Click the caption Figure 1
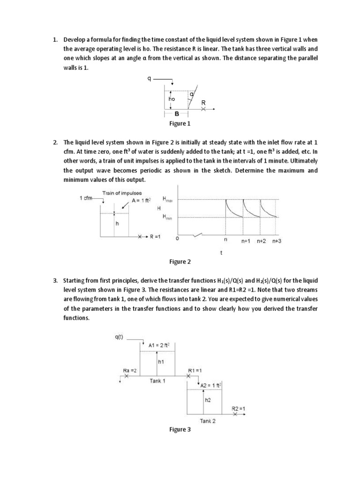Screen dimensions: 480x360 coord(180,124)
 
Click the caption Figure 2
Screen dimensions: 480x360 coord(180,262)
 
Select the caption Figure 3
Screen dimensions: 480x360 coord(180,430)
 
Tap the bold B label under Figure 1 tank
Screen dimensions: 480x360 coord(177,114)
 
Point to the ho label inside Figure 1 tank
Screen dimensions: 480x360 coord(172,99)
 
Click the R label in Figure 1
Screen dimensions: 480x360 coord(203,102)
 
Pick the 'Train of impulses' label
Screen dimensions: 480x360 coord(122,193)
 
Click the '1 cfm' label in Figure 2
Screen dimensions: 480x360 coord(86,198)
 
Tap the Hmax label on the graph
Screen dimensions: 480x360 coord(167,199)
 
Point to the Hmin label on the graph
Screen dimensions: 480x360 coord(167,217)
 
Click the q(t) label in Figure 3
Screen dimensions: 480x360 coord(119,337)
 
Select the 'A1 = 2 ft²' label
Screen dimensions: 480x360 coord(159,345)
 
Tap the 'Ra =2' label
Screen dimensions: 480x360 coord(130,370)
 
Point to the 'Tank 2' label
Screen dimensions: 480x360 coord(208,420)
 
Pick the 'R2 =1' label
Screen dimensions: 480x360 coord(239,409)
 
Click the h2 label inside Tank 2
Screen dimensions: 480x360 coord(208,400)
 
